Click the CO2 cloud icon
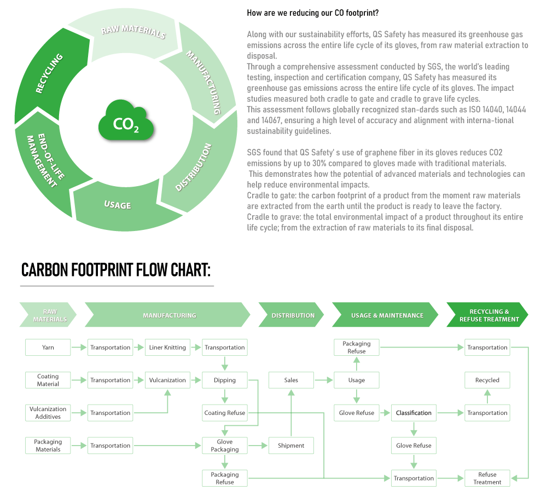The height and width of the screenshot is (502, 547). point(126,121)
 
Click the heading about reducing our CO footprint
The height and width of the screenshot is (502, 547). point(312,12)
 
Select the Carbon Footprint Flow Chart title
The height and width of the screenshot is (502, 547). point(115,270)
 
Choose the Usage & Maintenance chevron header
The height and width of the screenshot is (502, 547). point(387,315)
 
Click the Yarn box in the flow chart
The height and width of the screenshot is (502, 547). point(48,347)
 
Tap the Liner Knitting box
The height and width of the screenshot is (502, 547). point(167,347)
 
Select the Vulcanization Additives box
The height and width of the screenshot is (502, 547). point(48,413)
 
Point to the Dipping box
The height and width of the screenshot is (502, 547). point(225,380)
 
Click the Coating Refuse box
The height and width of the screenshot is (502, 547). point(225,413)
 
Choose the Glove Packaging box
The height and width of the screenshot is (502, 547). point(225,446)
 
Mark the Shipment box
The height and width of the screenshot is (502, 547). point(291,446)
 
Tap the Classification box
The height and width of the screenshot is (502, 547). point(414,413)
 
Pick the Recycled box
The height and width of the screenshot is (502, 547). point(487,380)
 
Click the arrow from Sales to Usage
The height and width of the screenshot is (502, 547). point(324,380)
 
